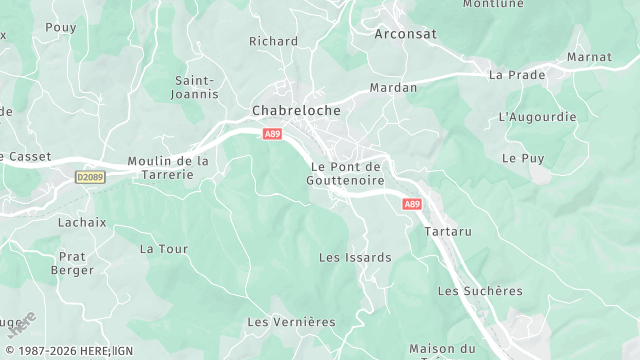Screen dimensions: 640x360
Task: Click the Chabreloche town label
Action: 296,110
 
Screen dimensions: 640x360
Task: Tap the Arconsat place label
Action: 407,33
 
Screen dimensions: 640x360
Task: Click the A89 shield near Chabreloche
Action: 272,133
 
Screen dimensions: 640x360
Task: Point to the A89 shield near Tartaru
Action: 412,204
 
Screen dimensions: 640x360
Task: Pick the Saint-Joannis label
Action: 196,87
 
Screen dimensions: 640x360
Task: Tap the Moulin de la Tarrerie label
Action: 168,167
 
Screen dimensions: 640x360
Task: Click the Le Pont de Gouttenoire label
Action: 347,173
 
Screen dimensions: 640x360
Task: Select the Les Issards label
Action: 355,257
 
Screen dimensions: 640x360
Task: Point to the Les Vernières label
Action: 291,322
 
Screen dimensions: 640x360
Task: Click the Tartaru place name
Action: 447,231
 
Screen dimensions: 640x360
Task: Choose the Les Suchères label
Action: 480,291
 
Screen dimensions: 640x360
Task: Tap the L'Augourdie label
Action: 537,117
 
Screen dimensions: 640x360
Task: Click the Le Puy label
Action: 522,158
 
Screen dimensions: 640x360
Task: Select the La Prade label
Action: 517,75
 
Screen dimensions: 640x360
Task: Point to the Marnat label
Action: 589,57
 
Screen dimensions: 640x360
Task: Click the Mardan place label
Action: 393,88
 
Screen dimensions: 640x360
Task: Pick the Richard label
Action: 273,41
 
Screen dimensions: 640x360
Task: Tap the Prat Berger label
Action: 73,263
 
